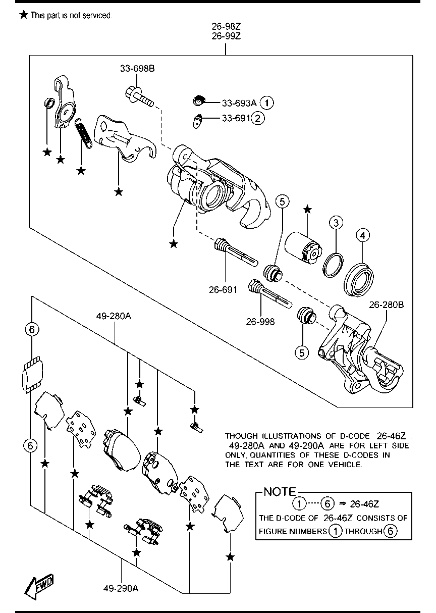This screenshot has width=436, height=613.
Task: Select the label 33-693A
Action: pos(239,103)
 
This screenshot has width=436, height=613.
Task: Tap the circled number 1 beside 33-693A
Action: pos(267,103)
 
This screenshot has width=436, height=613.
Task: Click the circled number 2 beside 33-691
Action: pos(258,119)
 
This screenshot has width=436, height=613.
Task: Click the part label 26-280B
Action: pos(386,305)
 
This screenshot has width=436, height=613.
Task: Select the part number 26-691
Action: pos(223,290)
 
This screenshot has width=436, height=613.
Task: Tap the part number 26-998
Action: pos(261,321)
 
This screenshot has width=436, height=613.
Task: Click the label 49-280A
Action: pos(114,316)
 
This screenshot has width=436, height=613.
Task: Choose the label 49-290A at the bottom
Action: pos(121,588)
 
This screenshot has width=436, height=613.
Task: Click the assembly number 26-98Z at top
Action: pos(226,26)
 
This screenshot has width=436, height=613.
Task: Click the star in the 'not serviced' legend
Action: pos(23,15)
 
